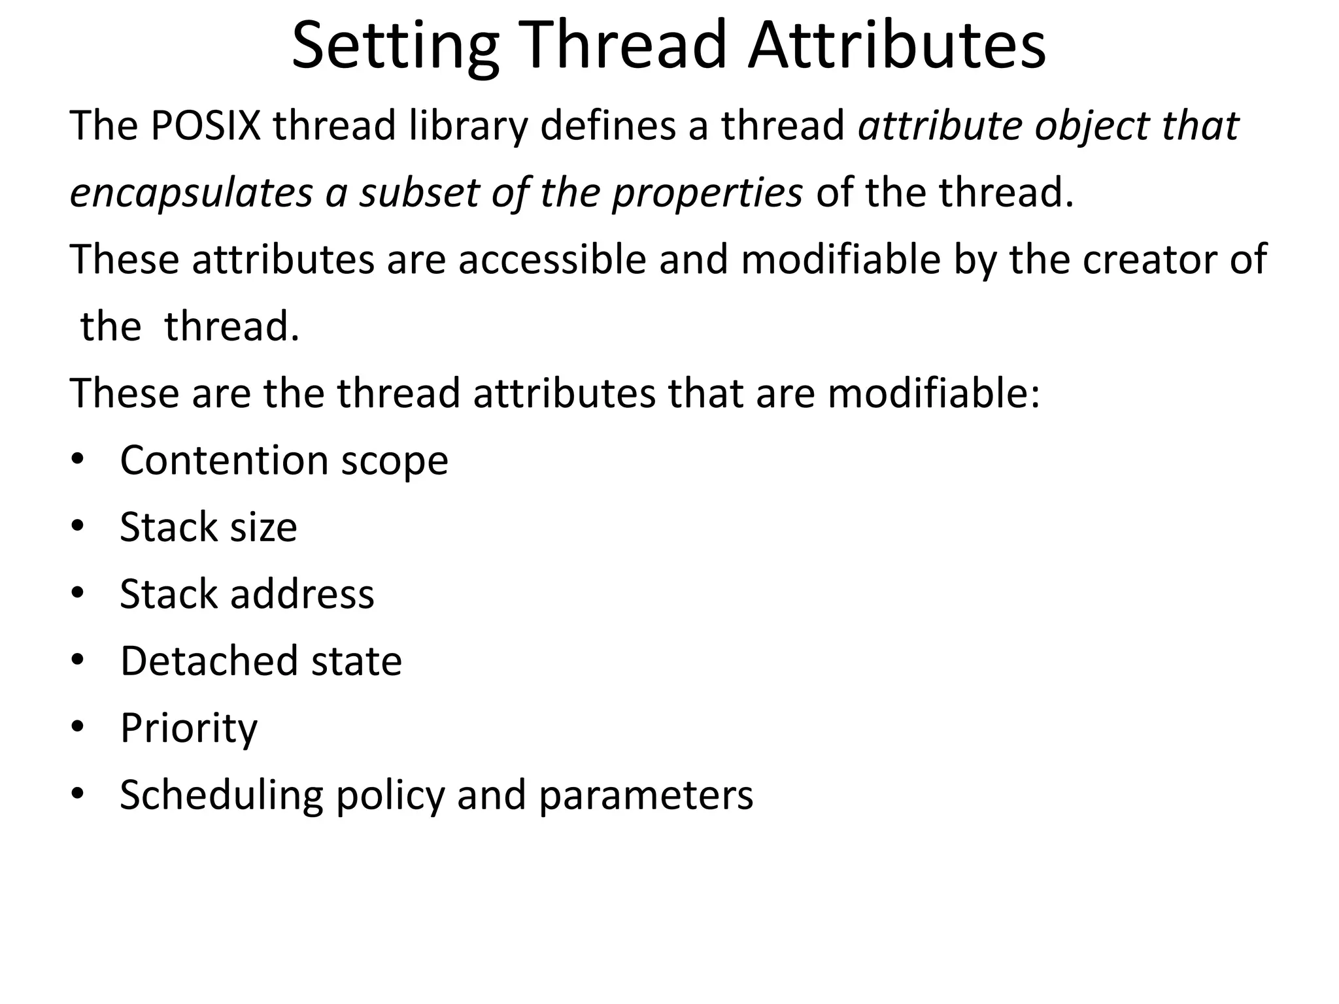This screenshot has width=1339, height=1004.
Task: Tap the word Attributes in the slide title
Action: pyautogui.click(x=896, y=46)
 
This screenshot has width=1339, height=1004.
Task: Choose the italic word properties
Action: pyautogui.click(x=707, y=194)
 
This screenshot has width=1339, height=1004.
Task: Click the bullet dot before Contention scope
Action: pyautogui.click(x=78, y=460)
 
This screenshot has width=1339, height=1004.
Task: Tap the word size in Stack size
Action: pyautogui.click(x=263, y=528)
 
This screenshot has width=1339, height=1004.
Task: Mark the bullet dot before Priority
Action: pyautogui.click(x=78, y=727)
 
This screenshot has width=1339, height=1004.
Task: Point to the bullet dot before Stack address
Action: pyautogui.click(x=78, y=594)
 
